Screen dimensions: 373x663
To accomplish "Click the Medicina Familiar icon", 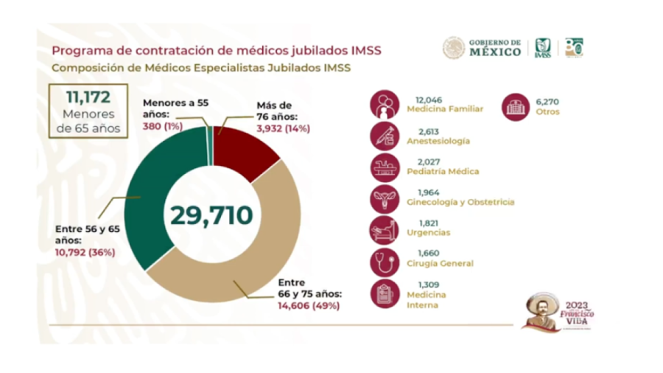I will (384, 104).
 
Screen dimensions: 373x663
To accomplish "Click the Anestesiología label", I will (438, 140).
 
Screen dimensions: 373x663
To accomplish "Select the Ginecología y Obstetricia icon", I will (384, 197).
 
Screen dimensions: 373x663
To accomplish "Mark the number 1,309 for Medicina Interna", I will (419, 285).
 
